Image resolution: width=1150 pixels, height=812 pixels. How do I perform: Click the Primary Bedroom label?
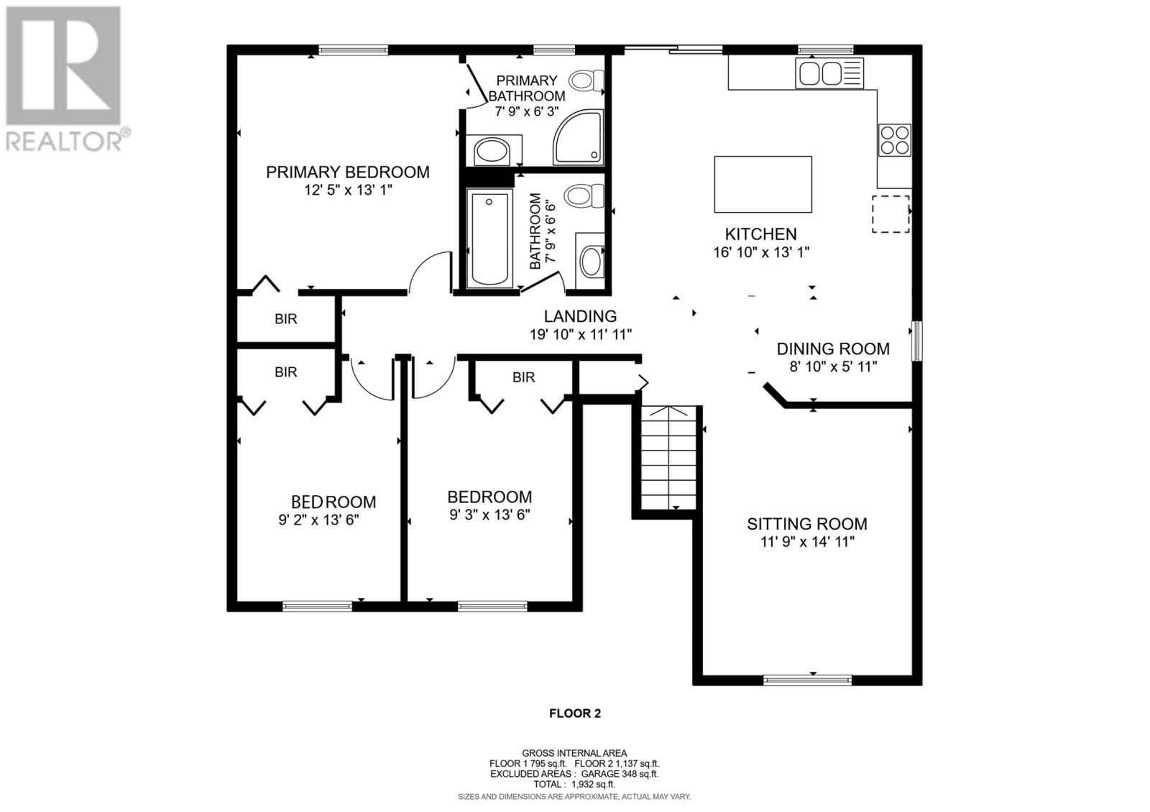pyautogui.click(x=348, y=172)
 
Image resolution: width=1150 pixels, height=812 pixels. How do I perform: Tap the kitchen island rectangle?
pyautogui.click(x=763, y=184)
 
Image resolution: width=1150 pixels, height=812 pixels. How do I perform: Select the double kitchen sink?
pyautogui.click(x=829, y=73)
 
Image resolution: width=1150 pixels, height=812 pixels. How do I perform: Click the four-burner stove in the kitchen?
pyautogui.click(x=894, y=140)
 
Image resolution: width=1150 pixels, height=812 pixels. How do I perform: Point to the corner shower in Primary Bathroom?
pyautogui.click(x=578, y=137)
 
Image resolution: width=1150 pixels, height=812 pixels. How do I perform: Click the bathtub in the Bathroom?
pyautogui.click(x=489, y=238)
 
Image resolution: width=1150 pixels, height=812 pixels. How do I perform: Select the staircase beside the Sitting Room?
pyautogui.click(x=668, y=458)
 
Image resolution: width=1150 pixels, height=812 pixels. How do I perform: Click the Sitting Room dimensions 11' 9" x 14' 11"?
pyautogui.click(x=808, y=542)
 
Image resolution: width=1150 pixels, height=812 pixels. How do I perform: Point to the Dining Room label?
pyautogui.click(x=833, y=349)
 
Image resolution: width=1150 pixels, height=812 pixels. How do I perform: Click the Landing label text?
pyautogui.click(x=580, y=316)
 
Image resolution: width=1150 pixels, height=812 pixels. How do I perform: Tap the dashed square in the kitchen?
pyautogui.click(x=891, y=213)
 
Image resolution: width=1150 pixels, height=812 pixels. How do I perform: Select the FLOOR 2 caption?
pyautogui.click(x=575, y=714)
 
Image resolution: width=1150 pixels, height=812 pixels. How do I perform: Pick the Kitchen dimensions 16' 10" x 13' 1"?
pyautogui.click(x=761, y=252)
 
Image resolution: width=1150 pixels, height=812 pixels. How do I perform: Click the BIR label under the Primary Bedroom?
pyautogui.click(x=286, y=319)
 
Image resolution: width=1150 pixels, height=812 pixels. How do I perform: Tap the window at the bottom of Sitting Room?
pyautogui.click(x=808, y=680)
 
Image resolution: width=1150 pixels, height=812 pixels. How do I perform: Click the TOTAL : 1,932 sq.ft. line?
pyautogui.click(x=574, y=784)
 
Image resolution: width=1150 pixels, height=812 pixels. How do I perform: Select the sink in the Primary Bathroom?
pyautogui.click(x=492, y=152)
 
